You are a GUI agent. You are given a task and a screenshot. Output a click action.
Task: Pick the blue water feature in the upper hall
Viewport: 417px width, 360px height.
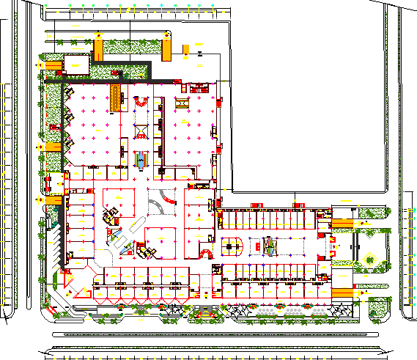click(141, 158)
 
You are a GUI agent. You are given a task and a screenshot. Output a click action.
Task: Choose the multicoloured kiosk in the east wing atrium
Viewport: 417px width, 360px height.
click(270, 245)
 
